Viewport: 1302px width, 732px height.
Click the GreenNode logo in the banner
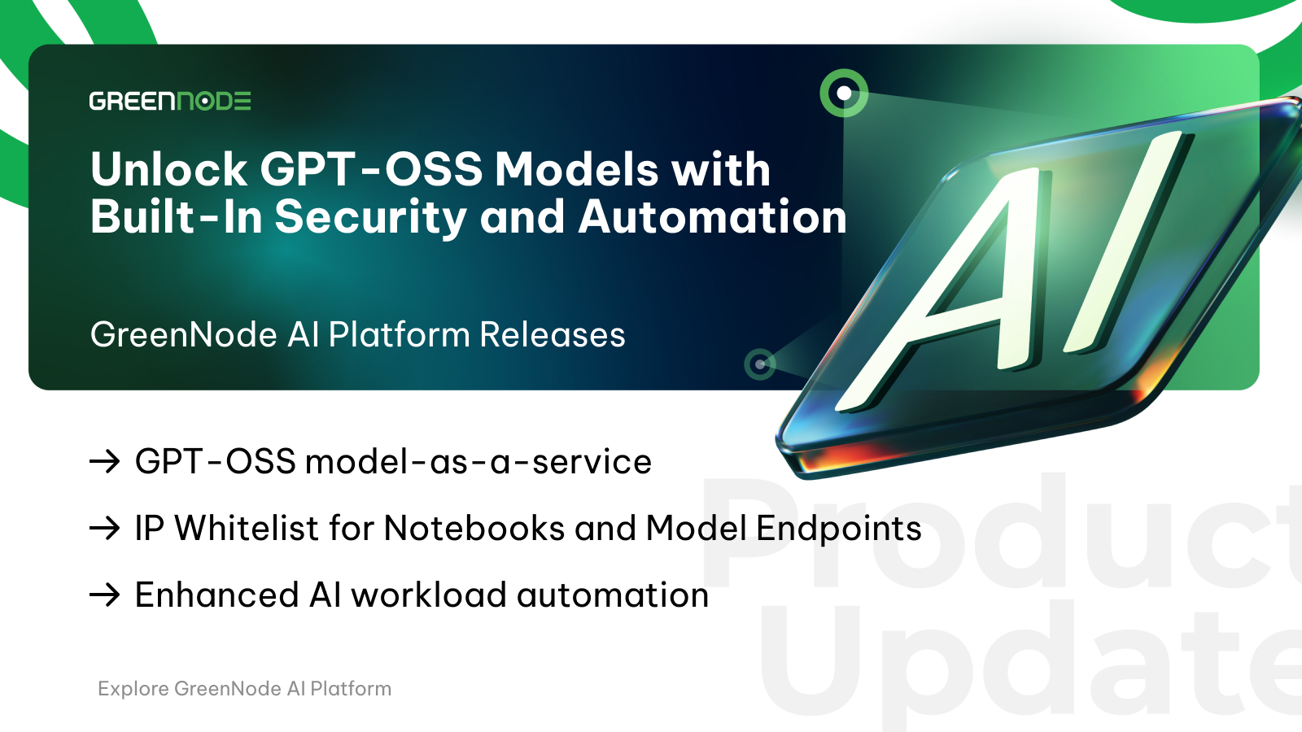point(170,101)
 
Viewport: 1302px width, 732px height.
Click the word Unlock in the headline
point(168,170)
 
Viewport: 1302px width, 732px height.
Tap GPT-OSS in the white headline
point(371,170)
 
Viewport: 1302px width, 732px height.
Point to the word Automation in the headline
point(712,217)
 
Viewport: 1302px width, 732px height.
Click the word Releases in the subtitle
point(553,335)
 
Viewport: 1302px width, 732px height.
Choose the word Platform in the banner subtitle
point(400,335)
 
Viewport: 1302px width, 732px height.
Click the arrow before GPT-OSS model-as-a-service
point(105,462)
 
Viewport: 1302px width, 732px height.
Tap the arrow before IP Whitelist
point(105,529)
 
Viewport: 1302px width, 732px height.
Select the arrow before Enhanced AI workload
point(105,595)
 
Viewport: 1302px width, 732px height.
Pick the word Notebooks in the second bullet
point(474,528)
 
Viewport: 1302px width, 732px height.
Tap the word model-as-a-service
point(478,463)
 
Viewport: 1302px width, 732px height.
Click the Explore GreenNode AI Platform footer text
point(245,689)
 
